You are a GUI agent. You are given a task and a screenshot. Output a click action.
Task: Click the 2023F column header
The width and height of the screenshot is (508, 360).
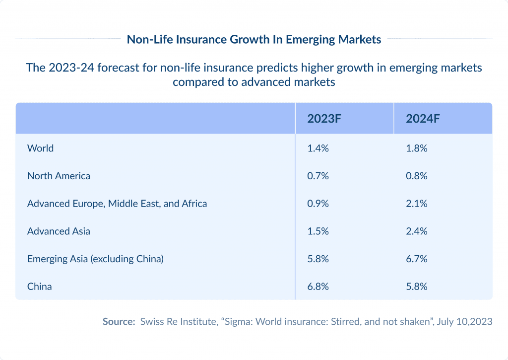[x=325, y=119]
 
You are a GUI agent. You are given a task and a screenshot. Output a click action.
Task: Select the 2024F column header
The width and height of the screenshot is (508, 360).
[x=423, y=119]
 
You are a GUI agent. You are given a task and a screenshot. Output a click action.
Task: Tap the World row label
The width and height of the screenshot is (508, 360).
[x=41, y=148]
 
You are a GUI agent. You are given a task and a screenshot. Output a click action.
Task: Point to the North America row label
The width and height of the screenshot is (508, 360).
[x=59, y=176]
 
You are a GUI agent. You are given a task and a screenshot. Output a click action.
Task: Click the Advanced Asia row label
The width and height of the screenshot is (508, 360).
[x=59, y=231]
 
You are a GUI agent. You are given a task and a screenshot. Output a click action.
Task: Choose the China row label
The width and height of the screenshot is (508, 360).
[x=40, y=287]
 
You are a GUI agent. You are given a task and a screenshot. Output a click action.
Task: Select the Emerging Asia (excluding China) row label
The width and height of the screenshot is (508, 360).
[x=95, y=259]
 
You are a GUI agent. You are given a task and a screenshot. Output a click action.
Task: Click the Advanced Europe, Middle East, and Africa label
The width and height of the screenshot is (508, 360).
[x=117, y=204]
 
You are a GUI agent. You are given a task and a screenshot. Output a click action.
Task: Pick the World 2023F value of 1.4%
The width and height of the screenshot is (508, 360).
[x=318, y=148]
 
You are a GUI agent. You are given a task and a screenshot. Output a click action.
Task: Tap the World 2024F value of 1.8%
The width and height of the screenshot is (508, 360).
[x=417, y=148]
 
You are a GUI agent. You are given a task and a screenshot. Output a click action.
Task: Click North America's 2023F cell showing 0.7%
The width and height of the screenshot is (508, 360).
[x=318, y=176]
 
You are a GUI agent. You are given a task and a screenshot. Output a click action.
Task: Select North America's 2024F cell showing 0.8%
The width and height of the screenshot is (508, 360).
[x=417, y=176]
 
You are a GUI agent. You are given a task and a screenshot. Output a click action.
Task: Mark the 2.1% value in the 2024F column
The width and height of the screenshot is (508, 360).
[x=417, y=204]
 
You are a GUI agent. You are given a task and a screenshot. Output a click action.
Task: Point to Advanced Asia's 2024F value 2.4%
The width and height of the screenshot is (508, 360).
[x=417, y=231]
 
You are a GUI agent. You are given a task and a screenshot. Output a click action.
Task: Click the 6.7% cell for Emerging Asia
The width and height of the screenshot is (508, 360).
[x=417, y=259]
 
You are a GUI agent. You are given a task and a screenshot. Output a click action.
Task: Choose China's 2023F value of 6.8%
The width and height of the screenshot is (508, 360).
[x=318, y=287]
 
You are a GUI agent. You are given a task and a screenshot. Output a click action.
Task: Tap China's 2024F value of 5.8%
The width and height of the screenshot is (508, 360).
[x=417, y=287]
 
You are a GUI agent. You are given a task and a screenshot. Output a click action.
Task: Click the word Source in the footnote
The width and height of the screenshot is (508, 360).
[x=119, y=322]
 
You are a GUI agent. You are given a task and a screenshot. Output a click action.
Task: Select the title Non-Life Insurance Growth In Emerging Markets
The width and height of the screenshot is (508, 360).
[x=254, y=39]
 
